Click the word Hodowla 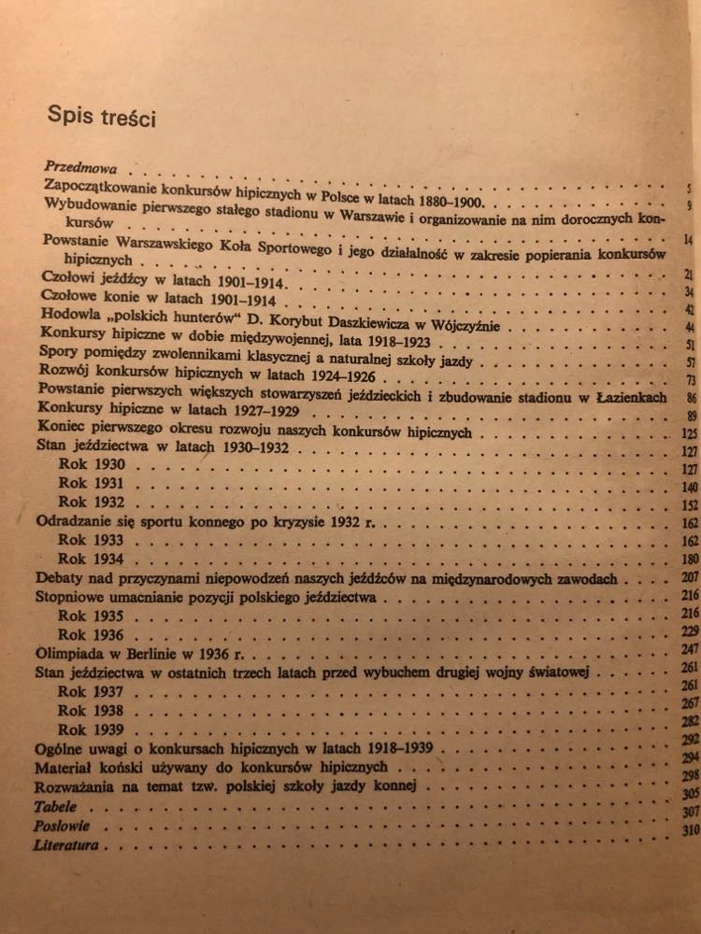(69, 314)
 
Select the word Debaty (60, 578)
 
